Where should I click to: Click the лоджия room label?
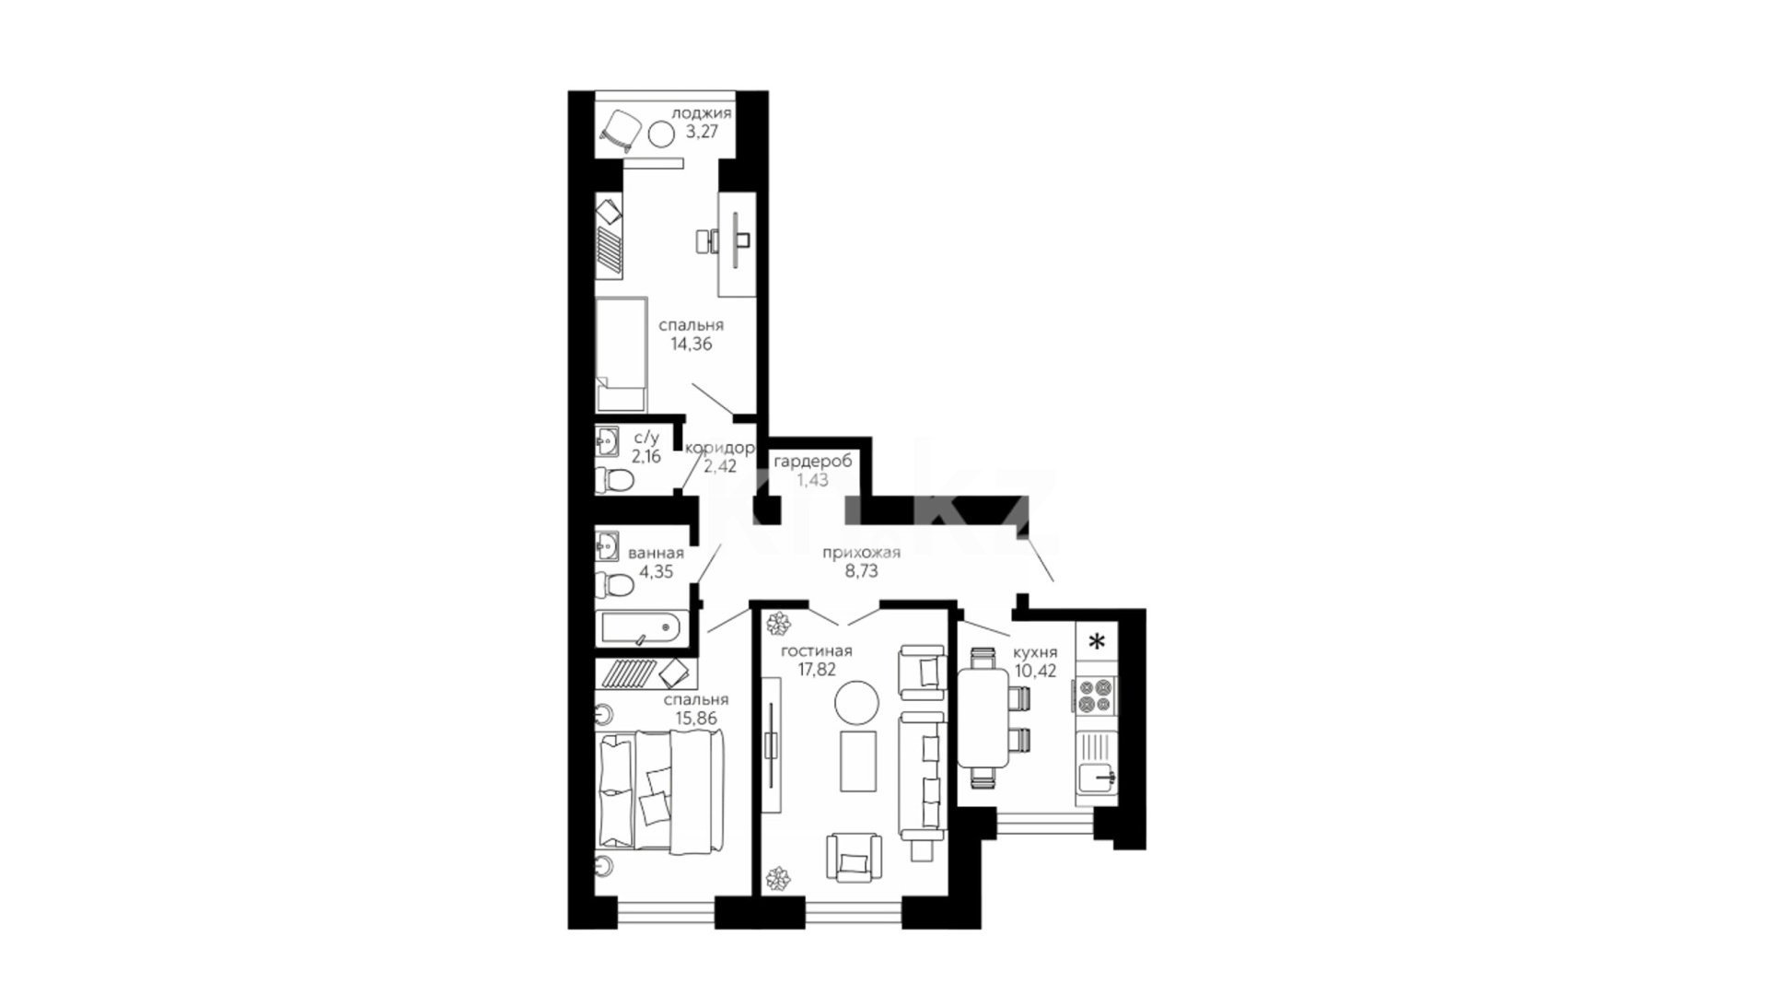[x=702, y=113]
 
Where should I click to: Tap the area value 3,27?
[x=702, y=132]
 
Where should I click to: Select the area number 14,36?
[x=691, y=345]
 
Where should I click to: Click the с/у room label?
[x=646, y=437]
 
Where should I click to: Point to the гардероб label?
[x=812, y=461]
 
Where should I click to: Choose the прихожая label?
[x=861, y=553]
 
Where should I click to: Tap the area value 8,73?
[x=861, y=571]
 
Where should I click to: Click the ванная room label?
[x=656, y=554]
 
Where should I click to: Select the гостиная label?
[x=816, y=651]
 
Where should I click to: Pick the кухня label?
[x=1035, y=652]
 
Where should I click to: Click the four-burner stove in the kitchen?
[x=1096, y=695]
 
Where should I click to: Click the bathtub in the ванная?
[x=641, y=628]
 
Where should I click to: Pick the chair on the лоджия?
[x=621, y=130]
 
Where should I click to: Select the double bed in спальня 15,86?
[x=661, y=790]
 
